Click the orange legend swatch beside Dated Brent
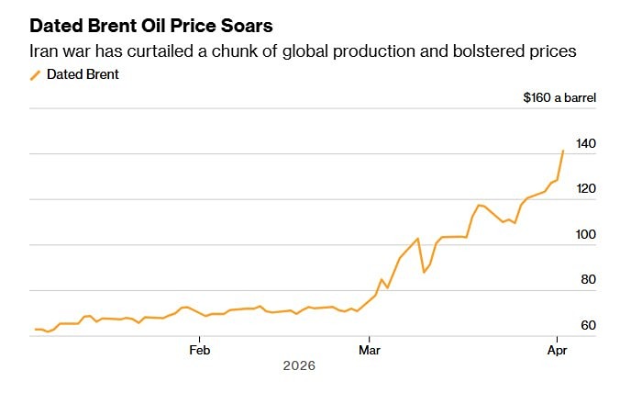click(36, 74)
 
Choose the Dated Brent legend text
click(83, 74)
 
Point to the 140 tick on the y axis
click(586, 143)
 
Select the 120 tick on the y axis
click(586, 189)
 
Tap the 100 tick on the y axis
click(586, 235)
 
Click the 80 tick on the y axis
click(589, 280)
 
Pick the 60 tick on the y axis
click(589, 326)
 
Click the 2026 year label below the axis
click(299, 365)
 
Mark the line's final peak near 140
click(562, 151)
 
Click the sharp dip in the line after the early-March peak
click(424, 272)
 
